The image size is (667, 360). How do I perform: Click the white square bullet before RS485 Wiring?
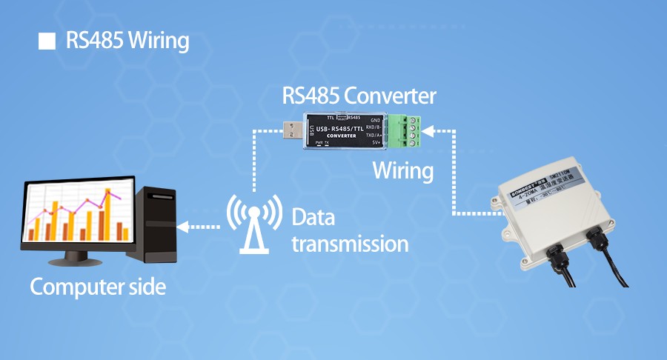47,41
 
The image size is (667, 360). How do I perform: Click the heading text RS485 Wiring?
127,41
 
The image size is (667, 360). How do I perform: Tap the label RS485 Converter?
359,96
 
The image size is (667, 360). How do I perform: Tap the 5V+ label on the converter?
375,144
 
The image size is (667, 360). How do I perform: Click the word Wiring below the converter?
402,170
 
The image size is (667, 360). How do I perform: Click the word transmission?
350,243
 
